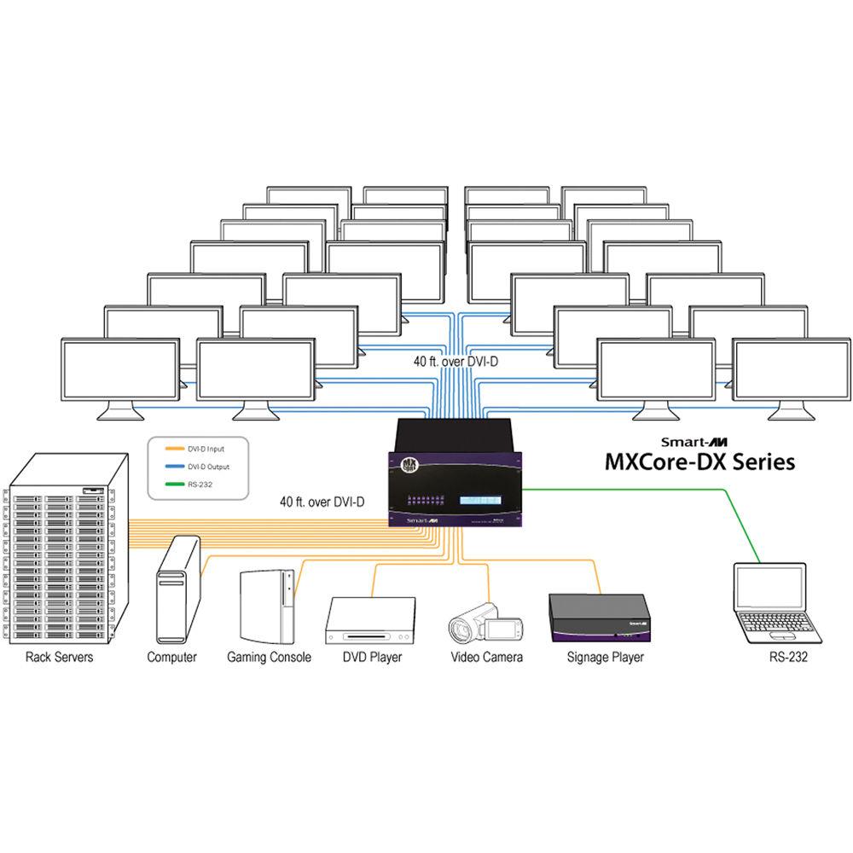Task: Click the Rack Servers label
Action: [x=59, y=657]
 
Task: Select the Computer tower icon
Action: [x=177, y=590]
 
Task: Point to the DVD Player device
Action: [x=370, y=620]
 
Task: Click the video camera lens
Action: [x=461, y=630]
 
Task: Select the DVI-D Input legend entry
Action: [x=208, y=449]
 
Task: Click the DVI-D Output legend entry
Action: [x=210, y=467]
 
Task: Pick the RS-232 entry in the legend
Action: [x=201, y=485]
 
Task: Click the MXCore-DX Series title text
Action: [x=699, y=462]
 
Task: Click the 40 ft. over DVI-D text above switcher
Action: [x=456, y=362]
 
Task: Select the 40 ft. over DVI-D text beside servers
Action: [x=322, y=502]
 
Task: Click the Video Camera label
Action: [x=486, y=657]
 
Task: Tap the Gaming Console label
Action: [x=269, y=657]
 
